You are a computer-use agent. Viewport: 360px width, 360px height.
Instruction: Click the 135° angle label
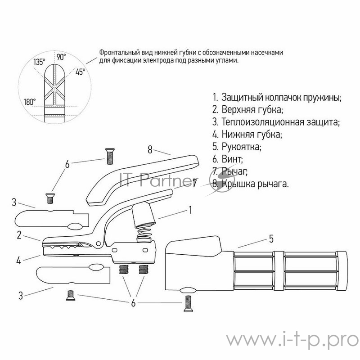[x=39, y=62]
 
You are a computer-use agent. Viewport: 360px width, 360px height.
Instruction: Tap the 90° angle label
[x=61, y=57]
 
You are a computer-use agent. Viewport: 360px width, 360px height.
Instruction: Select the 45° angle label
[x=80, y=72]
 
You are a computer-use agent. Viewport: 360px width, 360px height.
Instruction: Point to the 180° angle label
[x=30, y=102]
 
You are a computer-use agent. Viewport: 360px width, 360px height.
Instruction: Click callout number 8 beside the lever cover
[x=150, y=150]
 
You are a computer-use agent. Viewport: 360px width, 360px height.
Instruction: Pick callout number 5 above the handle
[x=271, y=239]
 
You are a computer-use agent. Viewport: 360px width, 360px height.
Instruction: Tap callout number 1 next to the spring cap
[x=190, y=210]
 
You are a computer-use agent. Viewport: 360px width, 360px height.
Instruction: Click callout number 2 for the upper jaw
[x=19, y=235]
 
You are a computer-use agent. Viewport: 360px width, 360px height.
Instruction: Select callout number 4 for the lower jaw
[x=19, y=261]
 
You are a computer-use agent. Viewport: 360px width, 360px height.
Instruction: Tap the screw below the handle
[x=188, y=303]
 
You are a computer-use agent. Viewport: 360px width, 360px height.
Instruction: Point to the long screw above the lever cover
[x=109, y=156]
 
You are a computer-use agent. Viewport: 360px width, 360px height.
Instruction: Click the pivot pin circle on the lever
[x=99, y=243]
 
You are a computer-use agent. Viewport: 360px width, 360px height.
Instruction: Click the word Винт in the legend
[x=231, y=159]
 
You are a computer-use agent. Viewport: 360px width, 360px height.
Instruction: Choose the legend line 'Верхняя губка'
[x=248, y=109]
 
